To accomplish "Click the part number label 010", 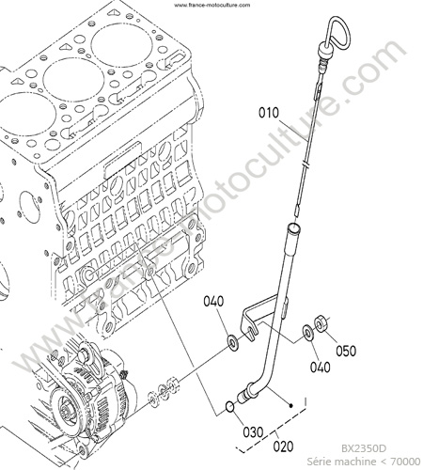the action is pyautogui.click(x=269, y=113).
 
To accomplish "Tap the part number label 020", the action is pyautogui.click(x=283, y=446).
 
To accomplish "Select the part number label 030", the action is pyautogui.click(x=253, y=432).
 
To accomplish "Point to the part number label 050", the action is pyautogui.click(x=346, y=351).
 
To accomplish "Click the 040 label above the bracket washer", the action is pyautogui.click(x=213, y=302).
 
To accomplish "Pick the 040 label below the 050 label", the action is pyautogui.click(x=321, y=368).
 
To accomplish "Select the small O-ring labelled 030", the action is pyautogui.click(x=229, y=407).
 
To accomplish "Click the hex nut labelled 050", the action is pyautogui.click(x=321, y=322).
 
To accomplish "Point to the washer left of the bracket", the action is pyautogui.click(x=233, y=342).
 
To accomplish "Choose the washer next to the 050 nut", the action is pyautogui.click(x=307, y=332).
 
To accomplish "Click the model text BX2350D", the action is pyautogui.click(x=364, y=448).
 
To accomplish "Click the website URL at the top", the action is pyautogui.click(x=211, y=5).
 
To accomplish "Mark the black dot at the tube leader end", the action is pyautogui.click(x=291, y=406).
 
